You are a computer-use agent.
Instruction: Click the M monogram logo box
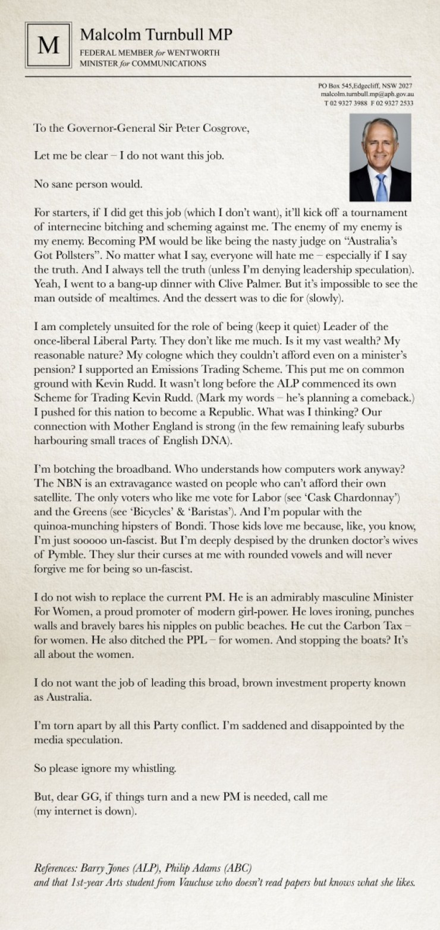coord(48,45)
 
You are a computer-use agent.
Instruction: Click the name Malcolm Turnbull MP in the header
coord(156,35)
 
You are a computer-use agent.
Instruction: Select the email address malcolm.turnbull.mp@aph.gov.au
coord(367,94)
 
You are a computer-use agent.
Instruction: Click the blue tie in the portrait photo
coord(381,188)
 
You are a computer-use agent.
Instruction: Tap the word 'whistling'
coord(151,768)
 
